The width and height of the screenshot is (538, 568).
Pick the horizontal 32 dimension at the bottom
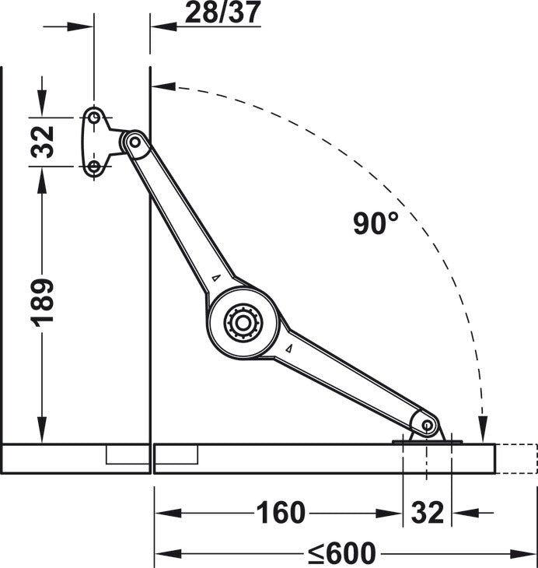[427, 513]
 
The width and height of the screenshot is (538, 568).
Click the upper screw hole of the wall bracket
[93, 117]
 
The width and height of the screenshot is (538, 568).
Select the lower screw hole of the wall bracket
[93, 166]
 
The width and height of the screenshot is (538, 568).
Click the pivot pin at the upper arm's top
[134, 142]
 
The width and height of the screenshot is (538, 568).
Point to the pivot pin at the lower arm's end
[427, 425]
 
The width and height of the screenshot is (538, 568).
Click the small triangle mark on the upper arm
[216, 278]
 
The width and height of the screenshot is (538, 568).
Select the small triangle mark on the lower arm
[288, 349]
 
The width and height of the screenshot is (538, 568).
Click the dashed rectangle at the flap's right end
[516, 458]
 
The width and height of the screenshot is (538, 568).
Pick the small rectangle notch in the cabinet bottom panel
[127, 454]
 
